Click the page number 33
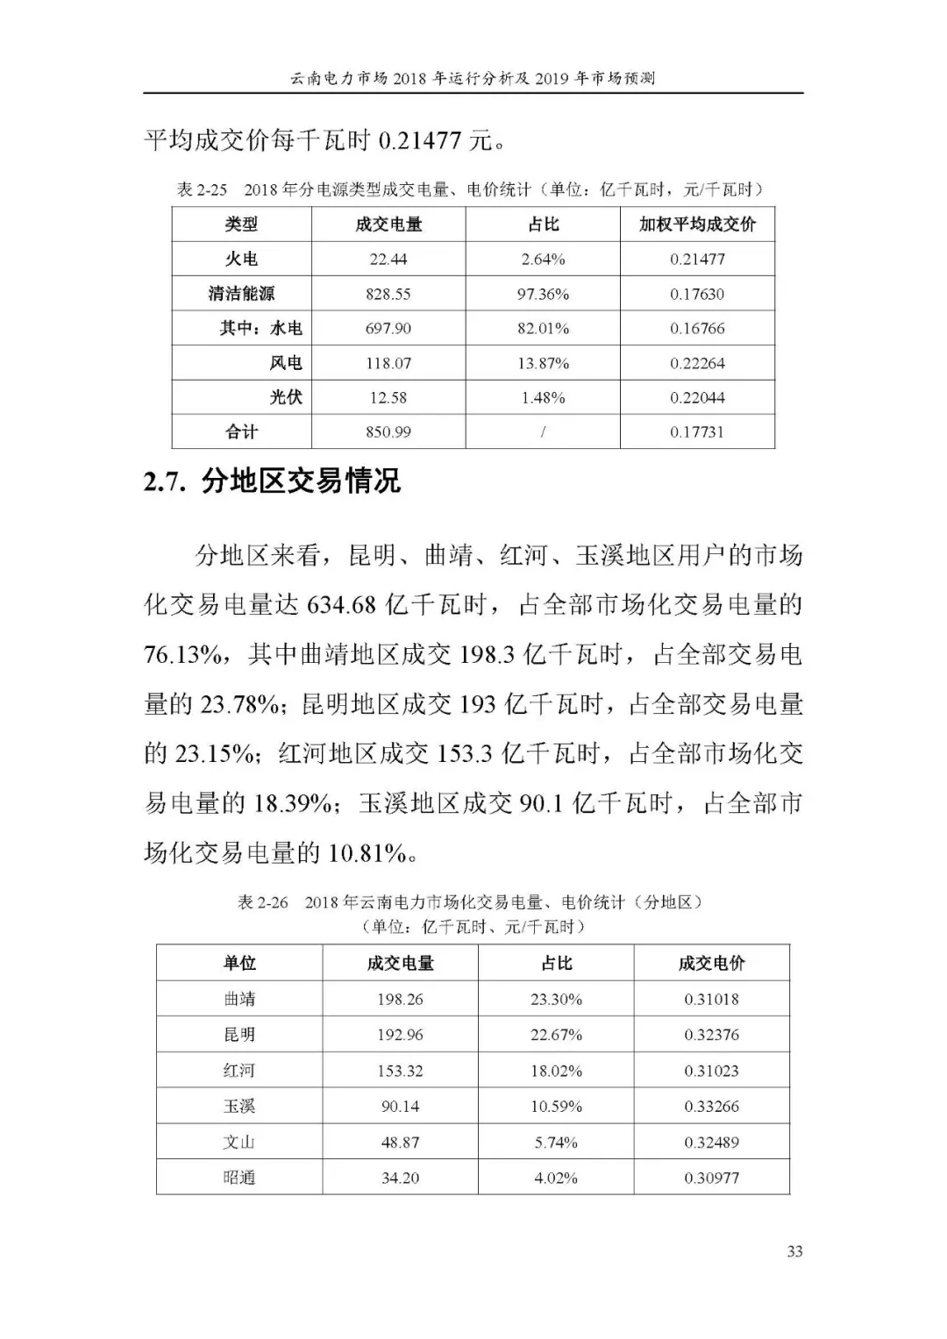click(794, 1251)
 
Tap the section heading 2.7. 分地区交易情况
click(272, 481)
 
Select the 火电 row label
click(241, 259)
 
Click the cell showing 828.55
click(388, 294)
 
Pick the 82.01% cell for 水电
click(543, 328)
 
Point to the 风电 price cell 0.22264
click(697, 363)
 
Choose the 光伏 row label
click(286, 397)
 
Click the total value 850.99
click(388, 431)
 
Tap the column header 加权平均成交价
click(697, 224)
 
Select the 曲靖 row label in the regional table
click(239, 999)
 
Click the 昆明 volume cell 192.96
click(400, 1035)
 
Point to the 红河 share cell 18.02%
click(556, 1071)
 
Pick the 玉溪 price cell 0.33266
click(711, 1107)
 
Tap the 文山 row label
click(239, 1143)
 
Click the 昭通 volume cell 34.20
click(400, 1178)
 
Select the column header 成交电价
click(711, 963)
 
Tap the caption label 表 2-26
click(262, 902)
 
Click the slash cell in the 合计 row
click(543, 431)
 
